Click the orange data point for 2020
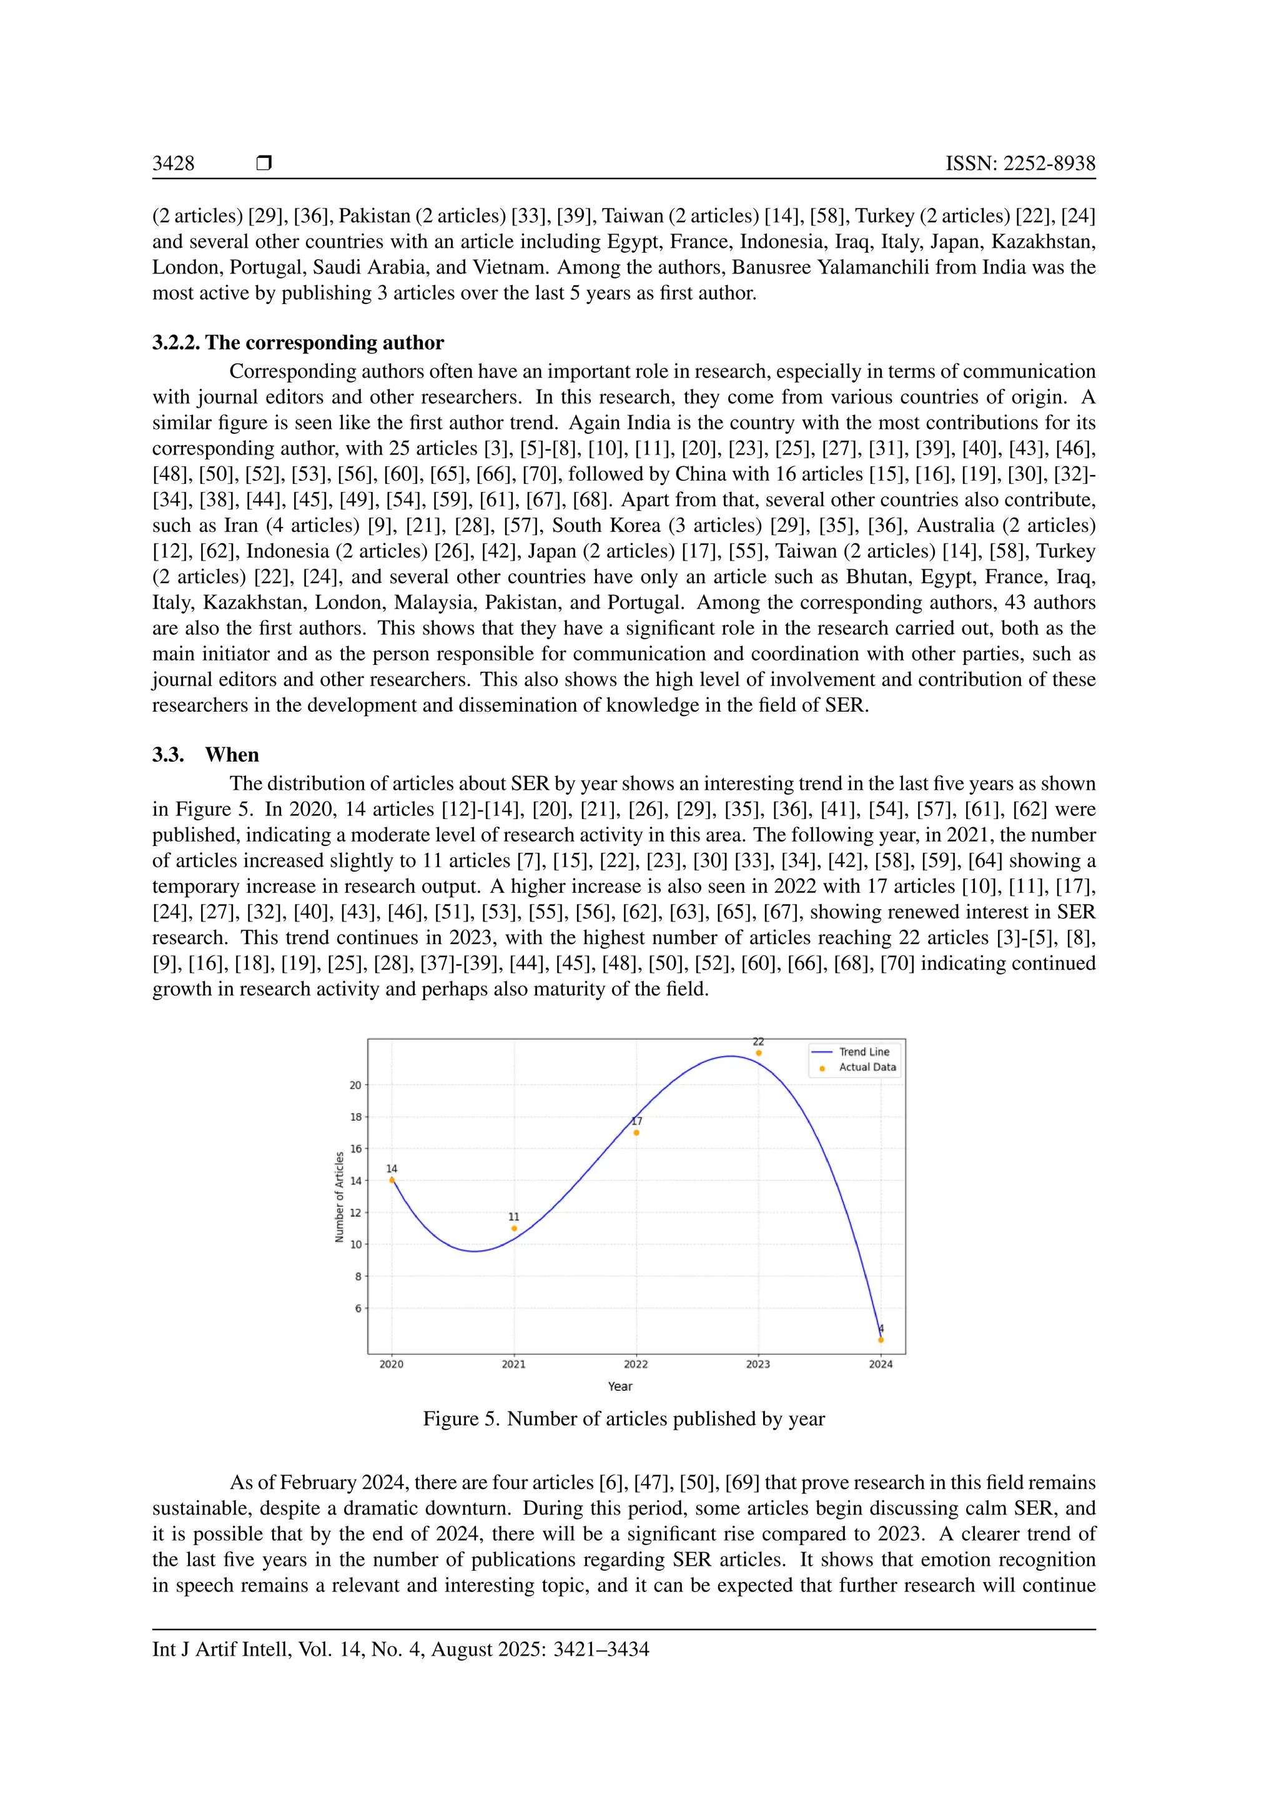(x=392, y=1179)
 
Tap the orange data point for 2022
(x=636, y=1132)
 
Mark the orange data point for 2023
(x=758, y=1053)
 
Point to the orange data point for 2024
(x=881, y=1340)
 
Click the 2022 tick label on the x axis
(x=636, y=1364)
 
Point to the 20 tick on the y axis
(x=356, y=1085)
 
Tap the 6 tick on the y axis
(x=358, y=1308)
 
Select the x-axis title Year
(x=620, y=1386)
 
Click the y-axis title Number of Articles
(x=340, y=1197)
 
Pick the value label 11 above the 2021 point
(x=513, y=1217)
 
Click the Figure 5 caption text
(x=624, y=1419)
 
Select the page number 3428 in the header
(x=173, y=163)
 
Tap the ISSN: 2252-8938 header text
(x=1020, y=163)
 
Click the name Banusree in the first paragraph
(x=771, y=267)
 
